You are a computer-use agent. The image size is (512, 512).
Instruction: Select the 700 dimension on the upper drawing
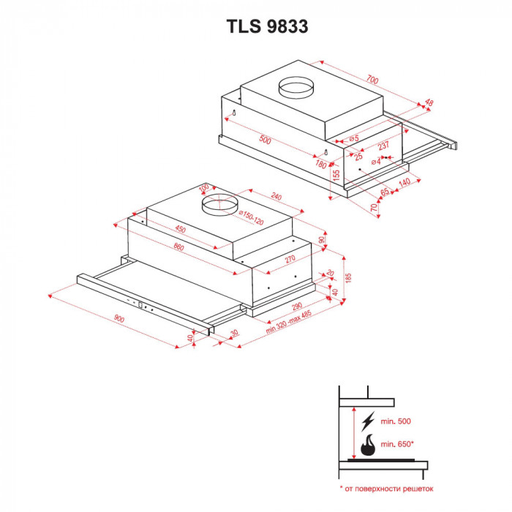[373, 78]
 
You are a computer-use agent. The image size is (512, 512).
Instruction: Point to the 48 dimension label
[429, 103]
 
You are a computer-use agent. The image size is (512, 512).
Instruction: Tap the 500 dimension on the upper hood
[265, 140]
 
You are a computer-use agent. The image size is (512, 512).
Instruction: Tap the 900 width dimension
[120, 320]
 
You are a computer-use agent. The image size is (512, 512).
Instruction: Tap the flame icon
[367, 443]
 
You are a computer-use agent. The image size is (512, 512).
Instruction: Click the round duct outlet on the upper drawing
[296, 89]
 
